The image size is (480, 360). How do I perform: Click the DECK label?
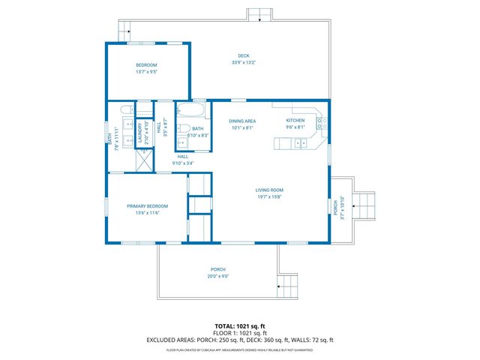click(244, 55)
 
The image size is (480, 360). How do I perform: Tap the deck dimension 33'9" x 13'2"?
click(244, 62)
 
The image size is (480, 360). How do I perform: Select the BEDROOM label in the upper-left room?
click(146, 65)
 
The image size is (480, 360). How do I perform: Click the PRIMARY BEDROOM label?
click(147, 205)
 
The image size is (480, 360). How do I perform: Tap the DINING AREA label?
click(242, 120)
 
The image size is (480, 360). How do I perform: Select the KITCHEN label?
click(295, 120)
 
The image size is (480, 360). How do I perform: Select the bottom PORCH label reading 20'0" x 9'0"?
click(218, 269)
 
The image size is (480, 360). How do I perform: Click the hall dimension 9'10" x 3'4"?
click(183, 163)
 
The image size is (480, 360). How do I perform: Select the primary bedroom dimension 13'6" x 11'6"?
click(147, 213)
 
